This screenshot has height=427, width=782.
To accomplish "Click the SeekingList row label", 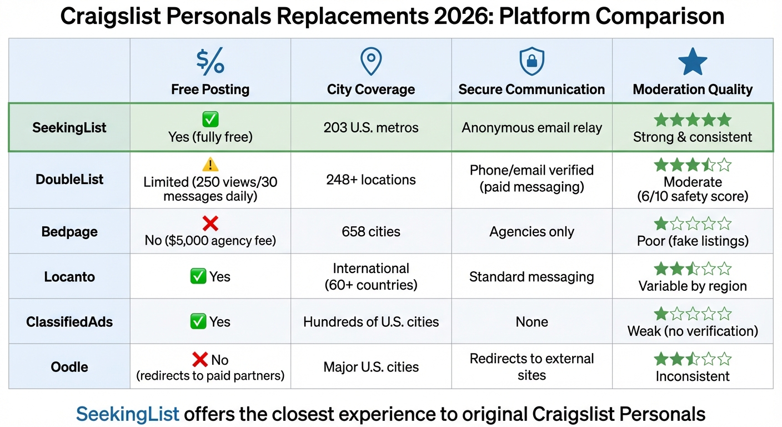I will coord(69,127).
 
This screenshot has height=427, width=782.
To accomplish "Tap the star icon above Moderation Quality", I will coord(693,62).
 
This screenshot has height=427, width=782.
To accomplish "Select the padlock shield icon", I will coord(532,62).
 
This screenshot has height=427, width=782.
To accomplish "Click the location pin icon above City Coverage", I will coord(371,61).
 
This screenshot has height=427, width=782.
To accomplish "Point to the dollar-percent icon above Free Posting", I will coord(210,62).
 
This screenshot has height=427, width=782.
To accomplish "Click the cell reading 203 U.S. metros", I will coord(371,127).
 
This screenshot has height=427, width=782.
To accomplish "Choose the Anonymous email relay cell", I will coord(532,127).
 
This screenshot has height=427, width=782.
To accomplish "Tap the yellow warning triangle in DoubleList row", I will coord(210,165).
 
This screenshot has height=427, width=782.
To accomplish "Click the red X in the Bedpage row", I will coord(210,224).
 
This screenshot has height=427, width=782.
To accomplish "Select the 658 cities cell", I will coord(371,231).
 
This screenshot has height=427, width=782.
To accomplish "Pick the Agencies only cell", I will coord(532,231).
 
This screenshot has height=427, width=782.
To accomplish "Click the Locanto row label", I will coord(69,276).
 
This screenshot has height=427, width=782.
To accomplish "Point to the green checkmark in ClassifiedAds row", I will coord(198,321).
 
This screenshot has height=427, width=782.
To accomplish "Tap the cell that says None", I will coord(532,321).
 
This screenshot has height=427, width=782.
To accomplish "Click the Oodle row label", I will coord(69,367).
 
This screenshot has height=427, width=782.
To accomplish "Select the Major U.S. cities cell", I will coord(371,367).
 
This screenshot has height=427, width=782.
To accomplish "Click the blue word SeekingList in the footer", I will coord(128,414).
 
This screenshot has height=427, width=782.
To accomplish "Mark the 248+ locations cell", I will coord(371,180).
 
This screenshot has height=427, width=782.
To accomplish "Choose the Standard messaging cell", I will coord(532,276).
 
